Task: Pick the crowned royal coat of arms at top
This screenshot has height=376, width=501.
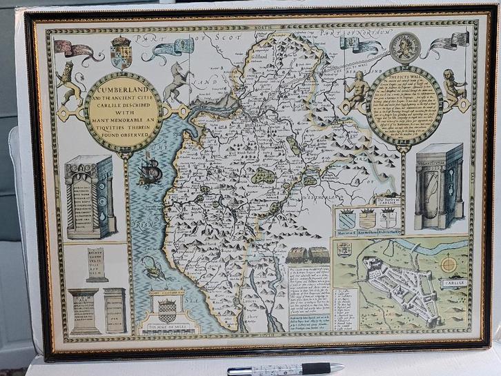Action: (120, 52)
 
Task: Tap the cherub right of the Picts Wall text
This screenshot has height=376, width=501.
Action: (453, 88)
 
